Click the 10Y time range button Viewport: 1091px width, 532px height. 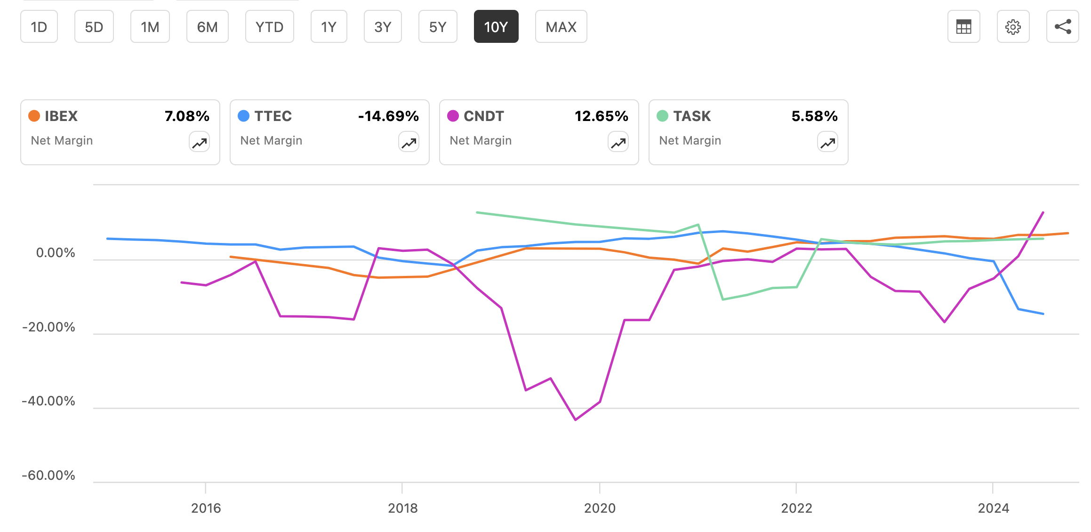pyautogui.click(x=496, y=27)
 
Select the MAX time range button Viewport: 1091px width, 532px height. pyautogui.click(x=561, y=27)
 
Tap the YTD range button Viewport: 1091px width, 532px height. pyautogui.click(x=269, y=27)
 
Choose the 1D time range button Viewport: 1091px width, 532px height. pyautogui.click(x=39, y=27)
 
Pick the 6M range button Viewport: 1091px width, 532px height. pyautogui.click(x=207, y=27)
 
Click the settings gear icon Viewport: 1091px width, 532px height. pyautogui.click(x=1013, y=27)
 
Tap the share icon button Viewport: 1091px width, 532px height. pyautogui.click(x=1062, y=27)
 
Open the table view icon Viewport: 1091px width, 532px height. pyautogui.click(x=963, y=27)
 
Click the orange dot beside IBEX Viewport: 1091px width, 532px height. pyautogui.click(x=34, y=116)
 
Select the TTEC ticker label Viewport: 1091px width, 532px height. pyautogui.click(x=273, y=116)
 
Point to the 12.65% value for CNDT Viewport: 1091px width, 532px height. pyautogui.click(x=601, y=116)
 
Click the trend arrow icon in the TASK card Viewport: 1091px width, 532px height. pyautogui.click(x=827, y=142)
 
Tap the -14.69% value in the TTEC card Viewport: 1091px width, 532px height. pyautogui.click(x=388, y=116)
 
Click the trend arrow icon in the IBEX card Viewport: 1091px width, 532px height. pyautogui.click(x=199, y=142)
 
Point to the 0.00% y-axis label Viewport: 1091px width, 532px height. pyautogui.click(x=56, y=253)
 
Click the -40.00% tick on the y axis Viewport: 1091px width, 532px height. pyautogui.click(x=48, y=401)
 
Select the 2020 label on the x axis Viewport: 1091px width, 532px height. pyautogui.click(x=600, y=508)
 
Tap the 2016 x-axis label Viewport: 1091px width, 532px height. pyautogui.click(x=206, y=508)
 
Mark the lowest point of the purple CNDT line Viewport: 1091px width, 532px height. pyautogui.click(x=576, y=419)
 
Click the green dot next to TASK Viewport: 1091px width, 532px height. pyautogui.click(x=662, y=116)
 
